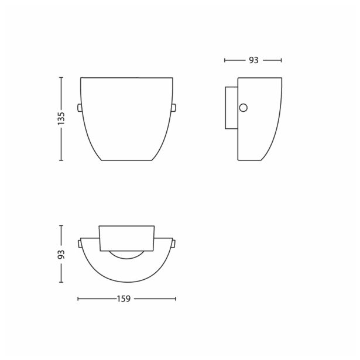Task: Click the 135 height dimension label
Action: (61, 118)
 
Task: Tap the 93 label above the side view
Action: (253, 60)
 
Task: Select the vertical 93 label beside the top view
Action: (61, 253)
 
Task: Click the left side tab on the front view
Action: (79, 107)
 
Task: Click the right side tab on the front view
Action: (174, 107)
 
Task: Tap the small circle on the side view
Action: (244, 107)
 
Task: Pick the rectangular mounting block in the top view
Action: (126, 237)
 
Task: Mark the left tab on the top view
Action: (79, 242)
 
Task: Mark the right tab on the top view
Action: (174, 242)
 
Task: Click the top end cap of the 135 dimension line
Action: (61, 77)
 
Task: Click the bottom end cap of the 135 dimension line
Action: (61, 160)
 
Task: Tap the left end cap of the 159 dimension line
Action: (78, 299)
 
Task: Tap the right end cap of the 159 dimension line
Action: (175, 299)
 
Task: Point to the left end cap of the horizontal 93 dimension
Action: (225, 60)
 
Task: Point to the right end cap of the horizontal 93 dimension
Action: (282, 60)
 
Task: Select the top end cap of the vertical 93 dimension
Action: (61, 225)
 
